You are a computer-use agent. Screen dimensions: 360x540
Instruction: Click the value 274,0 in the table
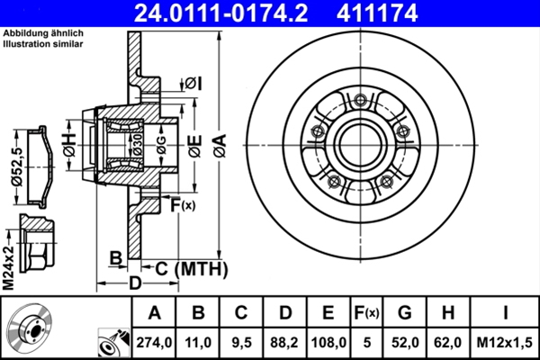pyautogui.click(x=154, y=342)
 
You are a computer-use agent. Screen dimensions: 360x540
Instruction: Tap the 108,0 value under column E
pyautogui.click(x=328, y=342)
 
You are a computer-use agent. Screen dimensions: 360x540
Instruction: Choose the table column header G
pyautogui.click(x=404, y=313)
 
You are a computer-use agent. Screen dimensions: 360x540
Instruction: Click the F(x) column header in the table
pyautogui.click(x=368, y=313)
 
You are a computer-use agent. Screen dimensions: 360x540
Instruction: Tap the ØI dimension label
pyautogui.click(x=193, y=84)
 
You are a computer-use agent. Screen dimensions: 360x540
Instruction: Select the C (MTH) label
pyautogui.click(x=186, y=268)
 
